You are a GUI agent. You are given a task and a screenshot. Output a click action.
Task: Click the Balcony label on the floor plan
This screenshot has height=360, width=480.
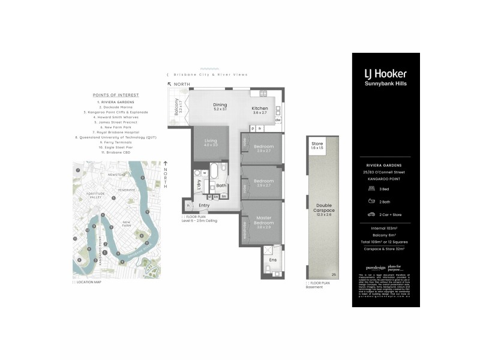click(177, 107)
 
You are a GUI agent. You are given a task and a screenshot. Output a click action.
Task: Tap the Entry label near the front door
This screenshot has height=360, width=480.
click(205, 206)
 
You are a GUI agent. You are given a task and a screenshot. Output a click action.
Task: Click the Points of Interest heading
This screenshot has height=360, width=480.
click(116, 95)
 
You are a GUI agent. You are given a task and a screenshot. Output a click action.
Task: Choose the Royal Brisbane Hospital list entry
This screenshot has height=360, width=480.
click(116, 132)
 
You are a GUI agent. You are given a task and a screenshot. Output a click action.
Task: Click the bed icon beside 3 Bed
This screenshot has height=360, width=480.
click(372, 188)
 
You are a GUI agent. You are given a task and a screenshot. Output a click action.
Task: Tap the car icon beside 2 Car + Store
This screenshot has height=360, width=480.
click(372, 214)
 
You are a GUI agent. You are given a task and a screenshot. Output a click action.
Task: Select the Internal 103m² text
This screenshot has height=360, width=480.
click(385, 229)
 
